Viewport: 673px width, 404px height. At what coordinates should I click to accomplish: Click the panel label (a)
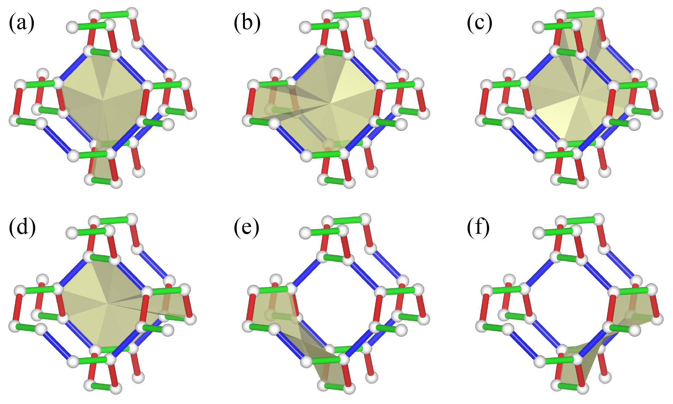point(22,23)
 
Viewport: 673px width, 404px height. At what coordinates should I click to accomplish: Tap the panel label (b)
point(247,23)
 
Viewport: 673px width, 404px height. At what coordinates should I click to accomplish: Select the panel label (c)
point(480,23)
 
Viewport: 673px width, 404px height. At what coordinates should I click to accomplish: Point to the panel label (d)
point(22,227)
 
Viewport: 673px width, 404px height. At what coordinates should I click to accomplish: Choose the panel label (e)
point(246,227)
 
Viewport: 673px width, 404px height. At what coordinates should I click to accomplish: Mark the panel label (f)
point(478,227)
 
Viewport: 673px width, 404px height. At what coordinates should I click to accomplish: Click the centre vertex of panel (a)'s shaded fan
point(103,100)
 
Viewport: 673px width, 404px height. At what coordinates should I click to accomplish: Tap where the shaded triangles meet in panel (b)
point(331,103)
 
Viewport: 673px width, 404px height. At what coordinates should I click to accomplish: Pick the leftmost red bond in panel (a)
point(17,102)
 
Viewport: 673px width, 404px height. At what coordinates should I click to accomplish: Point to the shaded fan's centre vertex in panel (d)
point(108,303)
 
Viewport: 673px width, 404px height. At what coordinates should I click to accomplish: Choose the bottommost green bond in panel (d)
point(103,387)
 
